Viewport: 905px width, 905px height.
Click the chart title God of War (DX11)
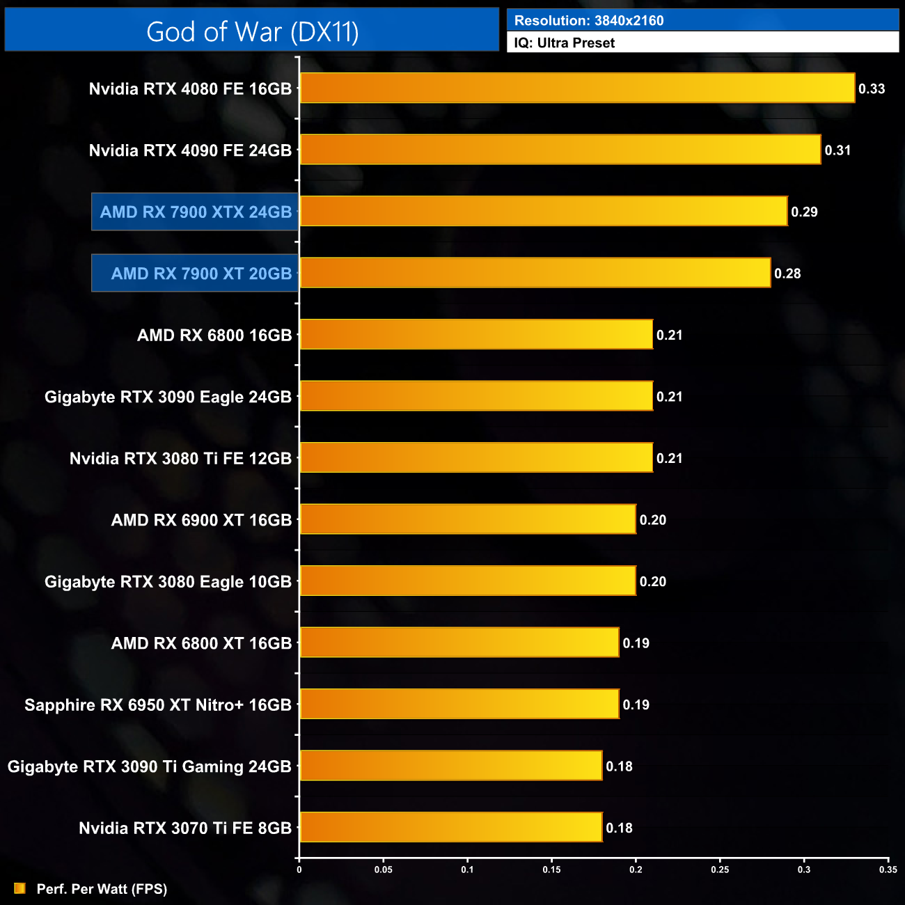(252, 32)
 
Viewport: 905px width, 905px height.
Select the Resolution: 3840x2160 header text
(589, 21)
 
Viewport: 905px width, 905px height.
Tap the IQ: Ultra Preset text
(564, 43)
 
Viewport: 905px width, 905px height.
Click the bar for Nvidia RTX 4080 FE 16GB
(577, 88)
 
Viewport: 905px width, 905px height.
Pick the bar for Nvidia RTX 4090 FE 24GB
(560, 150)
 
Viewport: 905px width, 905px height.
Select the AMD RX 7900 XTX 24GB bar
(544, 212)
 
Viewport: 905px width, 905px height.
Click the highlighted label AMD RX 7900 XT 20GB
(201, 274)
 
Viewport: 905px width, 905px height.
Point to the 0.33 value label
(872, 89)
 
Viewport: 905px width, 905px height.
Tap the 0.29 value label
(804, 212)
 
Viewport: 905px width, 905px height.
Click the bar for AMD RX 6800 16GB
(476, 335)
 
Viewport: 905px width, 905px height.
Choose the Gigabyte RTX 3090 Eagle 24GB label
(168, 397)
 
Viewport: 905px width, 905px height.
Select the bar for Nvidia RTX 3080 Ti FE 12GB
(476, 458)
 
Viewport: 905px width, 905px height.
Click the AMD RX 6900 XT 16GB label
(201, 520)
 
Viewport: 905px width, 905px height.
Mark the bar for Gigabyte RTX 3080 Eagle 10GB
(468, 581)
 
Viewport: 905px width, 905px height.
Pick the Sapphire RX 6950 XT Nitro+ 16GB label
(158, 705)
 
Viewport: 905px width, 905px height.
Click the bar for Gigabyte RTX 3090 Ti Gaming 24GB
(451, 766)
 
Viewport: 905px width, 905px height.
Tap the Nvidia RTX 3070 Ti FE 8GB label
(185, 828)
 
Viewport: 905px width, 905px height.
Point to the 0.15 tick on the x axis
(551, 869)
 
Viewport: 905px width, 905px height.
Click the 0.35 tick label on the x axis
(888, 869)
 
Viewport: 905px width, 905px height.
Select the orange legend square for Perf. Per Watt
(19, 888)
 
